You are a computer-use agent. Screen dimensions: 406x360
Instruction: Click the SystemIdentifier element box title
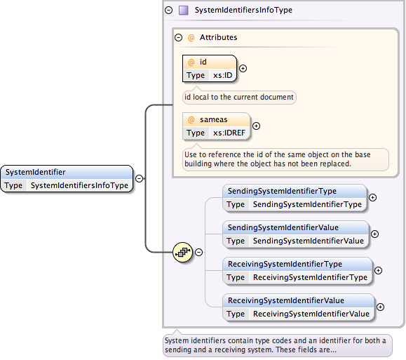36,172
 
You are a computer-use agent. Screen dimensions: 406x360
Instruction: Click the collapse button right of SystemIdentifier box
140,178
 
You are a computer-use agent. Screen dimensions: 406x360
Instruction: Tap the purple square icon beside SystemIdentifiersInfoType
184,10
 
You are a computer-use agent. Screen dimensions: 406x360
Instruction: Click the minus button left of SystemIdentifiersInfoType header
168,10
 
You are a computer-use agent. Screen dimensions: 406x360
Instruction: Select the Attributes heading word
218,37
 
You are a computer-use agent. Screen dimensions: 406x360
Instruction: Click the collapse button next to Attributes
178,38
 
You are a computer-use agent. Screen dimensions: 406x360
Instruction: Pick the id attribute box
210,69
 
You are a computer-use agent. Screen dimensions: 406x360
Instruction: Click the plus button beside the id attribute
243,69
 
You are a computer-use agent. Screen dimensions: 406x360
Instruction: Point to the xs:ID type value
223,75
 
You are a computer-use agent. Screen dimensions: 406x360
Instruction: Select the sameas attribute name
214,119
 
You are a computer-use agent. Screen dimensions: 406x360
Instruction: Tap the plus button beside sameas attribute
257,126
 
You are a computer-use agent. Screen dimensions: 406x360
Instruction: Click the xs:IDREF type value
229,133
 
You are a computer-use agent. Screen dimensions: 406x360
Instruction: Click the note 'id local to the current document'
239,97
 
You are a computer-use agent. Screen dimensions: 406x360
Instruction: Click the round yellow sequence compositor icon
183,252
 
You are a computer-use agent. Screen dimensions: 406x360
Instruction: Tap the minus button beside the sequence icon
198,252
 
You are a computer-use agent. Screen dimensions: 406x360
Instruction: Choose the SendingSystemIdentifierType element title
282,191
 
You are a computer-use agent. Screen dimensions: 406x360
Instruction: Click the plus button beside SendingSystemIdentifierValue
374,234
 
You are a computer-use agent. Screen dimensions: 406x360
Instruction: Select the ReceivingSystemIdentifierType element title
285,264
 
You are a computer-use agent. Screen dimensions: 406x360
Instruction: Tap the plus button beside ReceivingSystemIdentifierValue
380,307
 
